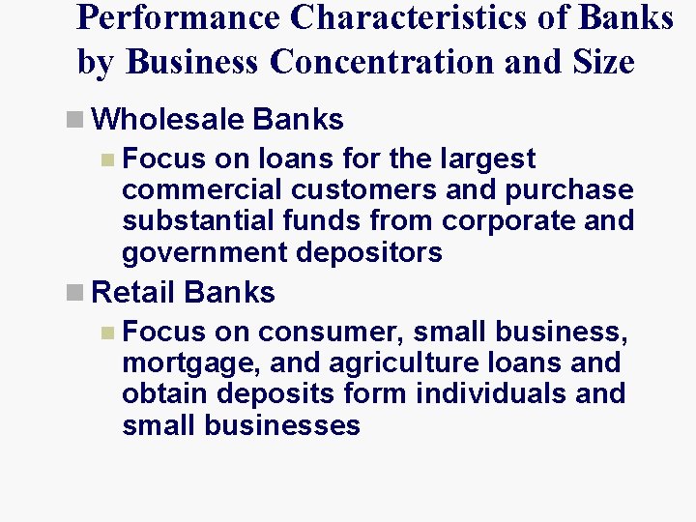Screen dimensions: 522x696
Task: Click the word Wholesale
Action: click(x=170, y=120)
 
